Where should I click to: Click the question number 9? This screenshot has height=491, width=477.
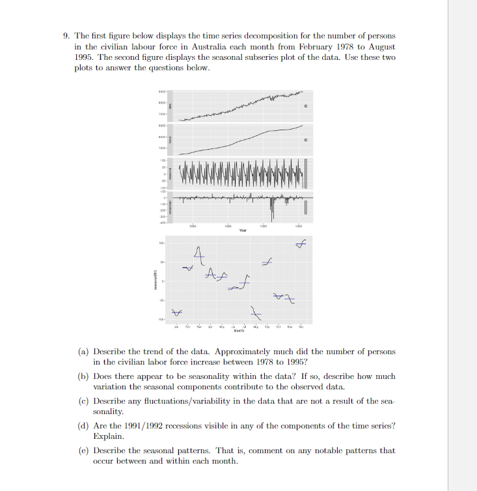[x=66, y=36]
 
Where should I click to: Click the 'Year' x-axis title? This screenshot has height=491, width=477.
[x=242, y=230]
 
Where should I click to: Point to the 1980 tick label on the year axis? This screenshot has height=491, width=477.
[x=193, y=225]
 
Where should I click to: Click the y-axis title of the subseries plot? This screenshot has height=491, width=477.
[x=155, y=281]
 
